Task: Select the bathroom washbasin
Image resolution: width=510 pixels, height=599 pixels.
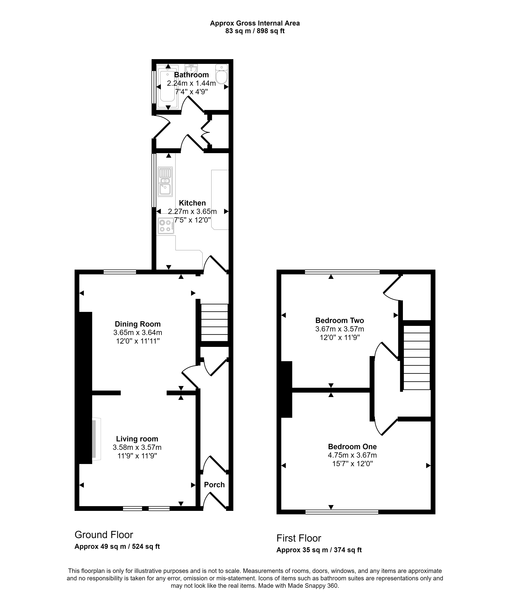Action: [x=191, y=69]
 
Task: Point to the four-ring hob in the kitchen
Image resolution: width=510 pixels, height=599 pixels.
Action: [x=166, y=226]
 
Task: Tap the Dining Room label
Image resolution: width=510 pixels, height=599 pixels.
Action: [x=138, y=324]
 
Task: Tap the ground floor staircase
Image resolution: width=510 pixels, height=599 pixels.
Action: [x=214, y=323]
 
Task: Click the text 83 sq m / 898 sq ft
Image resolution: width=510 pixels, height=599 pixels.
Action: [x=255, y=31]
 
